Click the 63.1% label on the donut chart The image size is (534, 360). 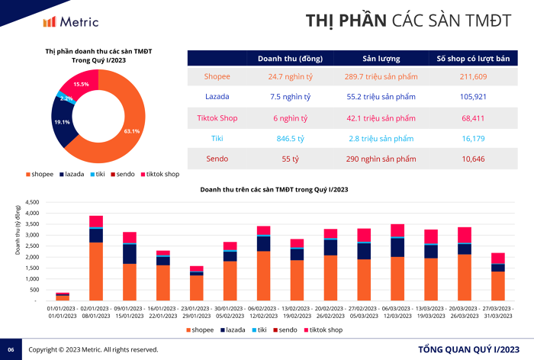click(x=132, y=131)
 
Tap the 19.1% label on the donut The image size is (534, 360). click(x=62, y=122)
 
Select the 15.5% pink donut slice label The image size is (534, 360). click(x=81, y=84)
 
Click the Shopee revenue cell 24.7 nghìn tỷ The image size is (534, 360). click(x=290, y=76)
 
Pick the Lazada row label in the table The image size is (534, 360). click(x=217, y=97)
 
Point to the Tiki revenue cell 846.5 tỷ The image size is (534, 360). click(x=290, y=138)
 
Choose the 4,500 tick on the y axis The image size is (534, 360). click(x=31, y=203)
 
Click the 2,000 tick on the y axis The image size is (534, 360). click(x=31, y=257)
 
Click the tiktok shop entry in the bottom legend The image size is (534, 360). click(x=326, y=329)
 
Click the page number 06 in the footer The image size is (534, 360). click(x=11, y=349)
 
